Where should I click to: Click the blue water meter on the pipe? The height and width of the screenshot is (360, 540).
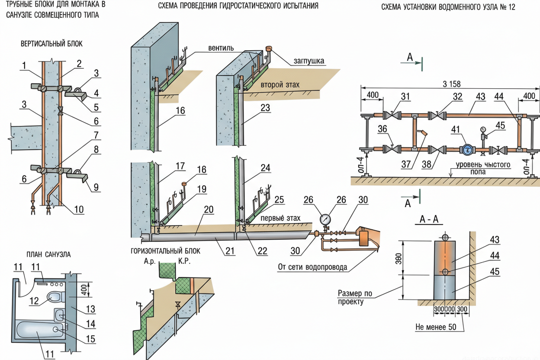tap(468, 150)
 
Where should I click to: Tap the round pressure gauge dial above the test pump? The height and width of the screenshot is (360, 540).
tap(325, 219)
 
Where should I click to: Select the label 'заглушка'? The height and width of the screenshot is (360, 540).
tap(309, 61)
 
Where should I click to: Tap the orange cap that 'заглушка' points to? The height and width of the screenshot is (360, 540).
tap(269, 48)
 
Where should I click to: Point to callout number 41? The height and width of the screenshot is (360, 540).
tap(455, 129)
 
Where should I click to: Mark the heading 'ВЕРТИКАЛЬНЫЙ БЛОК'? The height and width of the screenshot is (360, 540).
tap(51, 44)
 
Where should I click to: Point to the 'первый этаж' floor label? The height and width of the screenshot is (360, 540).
tap(280, 218)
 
